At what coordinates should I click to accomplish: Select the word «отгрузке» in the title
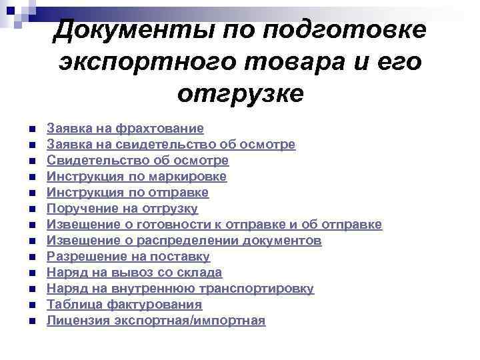[x=240, y=93]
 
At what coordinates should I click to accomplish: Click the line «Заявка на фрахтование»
[x=125, y=129]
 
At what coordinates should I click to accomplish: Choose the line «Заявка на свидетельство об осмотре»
[x=171, y=145]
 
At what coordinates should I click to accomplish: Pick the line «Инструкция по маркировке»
[x=137, y=177]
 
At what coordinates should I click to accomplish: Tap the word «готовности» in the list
[x=169, y=225]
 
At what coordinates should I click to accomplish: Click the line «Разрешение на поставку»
[x=128, y=257]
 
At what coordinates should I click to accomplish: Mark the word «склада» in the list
[x=200, y=273]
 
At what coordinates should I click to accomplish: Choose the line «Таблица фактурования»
[x=124, y=305]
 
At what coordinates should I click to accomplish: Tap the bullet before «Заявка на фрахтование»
[x=32, y=129]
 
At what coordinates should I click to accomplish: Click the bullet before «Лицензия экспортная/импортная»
[x=32, y=321]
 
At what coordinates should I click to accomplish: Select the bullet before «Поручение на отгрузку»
[x=32, y=209]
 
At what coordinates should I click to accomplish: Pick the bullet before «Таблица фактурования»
[x=32, y=305]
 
